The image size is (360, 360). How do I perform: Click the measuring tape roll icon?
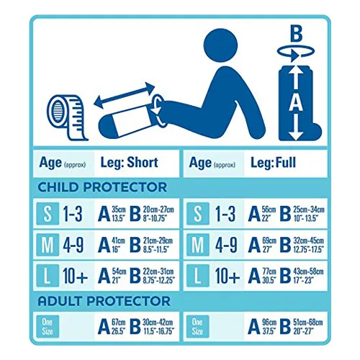(66, 117)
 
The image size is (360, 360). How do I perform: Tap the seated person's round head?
(220, 45)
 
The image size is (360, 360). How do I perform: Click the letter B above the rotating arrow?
(296, 34)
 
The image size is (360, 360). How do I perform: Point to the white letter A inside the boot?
(296, 102)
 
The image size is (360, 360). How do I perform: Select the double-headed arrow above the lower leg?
(124, 95)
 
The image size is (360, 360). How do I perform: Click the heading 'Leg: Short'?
(130, 163)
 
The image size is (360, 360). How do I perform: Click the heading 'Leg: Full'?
(273, 163)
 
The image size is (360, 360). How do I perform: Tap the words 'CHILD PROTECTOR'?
(102, 187)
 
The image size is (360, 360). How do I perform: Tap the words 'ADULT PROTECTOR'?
(104, 301)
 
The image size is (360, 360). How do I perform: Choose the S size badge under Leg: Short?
(48, 214)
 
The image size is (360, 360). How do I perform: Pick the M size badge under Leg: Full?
(198, 245)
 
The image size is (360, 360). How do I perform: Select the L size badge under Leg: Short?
(48, 276)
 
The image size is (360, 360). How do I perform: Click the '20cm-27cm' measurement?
(158, 210)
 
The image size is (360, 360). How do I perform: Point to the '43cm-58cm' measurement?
(308, 271)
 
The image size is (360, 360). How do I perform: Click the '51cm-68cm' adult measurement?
(308, 323)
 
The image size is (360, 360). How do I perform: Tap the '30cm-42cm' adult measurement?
(158, 323)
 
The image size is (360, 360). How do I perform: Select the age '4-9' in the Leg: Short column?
(73, 245)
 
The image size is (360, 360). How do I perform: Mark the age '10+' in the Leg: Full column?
(228, 276)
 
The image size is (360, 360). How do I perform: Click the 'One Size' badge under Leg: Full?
(198, 326)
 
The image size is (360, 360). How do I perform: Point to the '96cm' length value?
(269, 323)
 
